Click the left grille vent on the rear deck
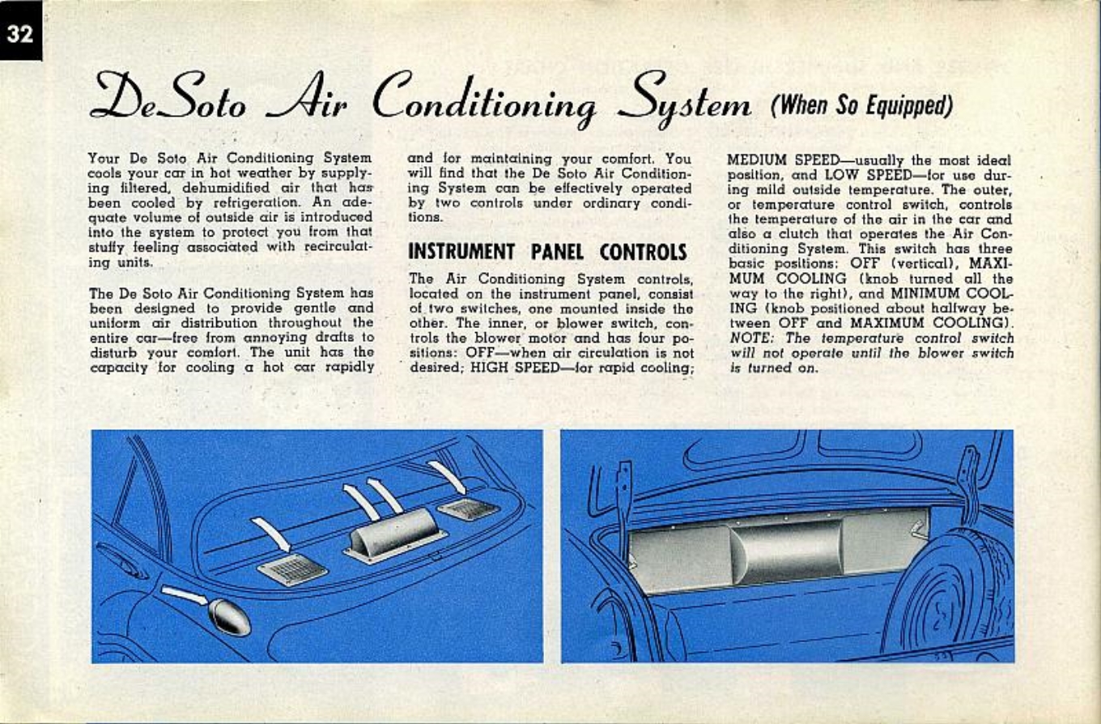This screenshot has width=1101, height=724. coord(292,569)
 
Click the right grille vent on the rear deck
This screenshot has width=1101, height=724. coord(468,509)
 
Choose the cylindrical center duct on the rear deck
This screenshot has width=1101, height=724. coord(394,534)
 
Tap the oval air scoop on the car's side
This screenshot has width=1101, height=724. coord(229,615)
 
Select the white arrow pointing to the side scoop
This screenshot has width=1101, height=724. coord(185,597)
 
